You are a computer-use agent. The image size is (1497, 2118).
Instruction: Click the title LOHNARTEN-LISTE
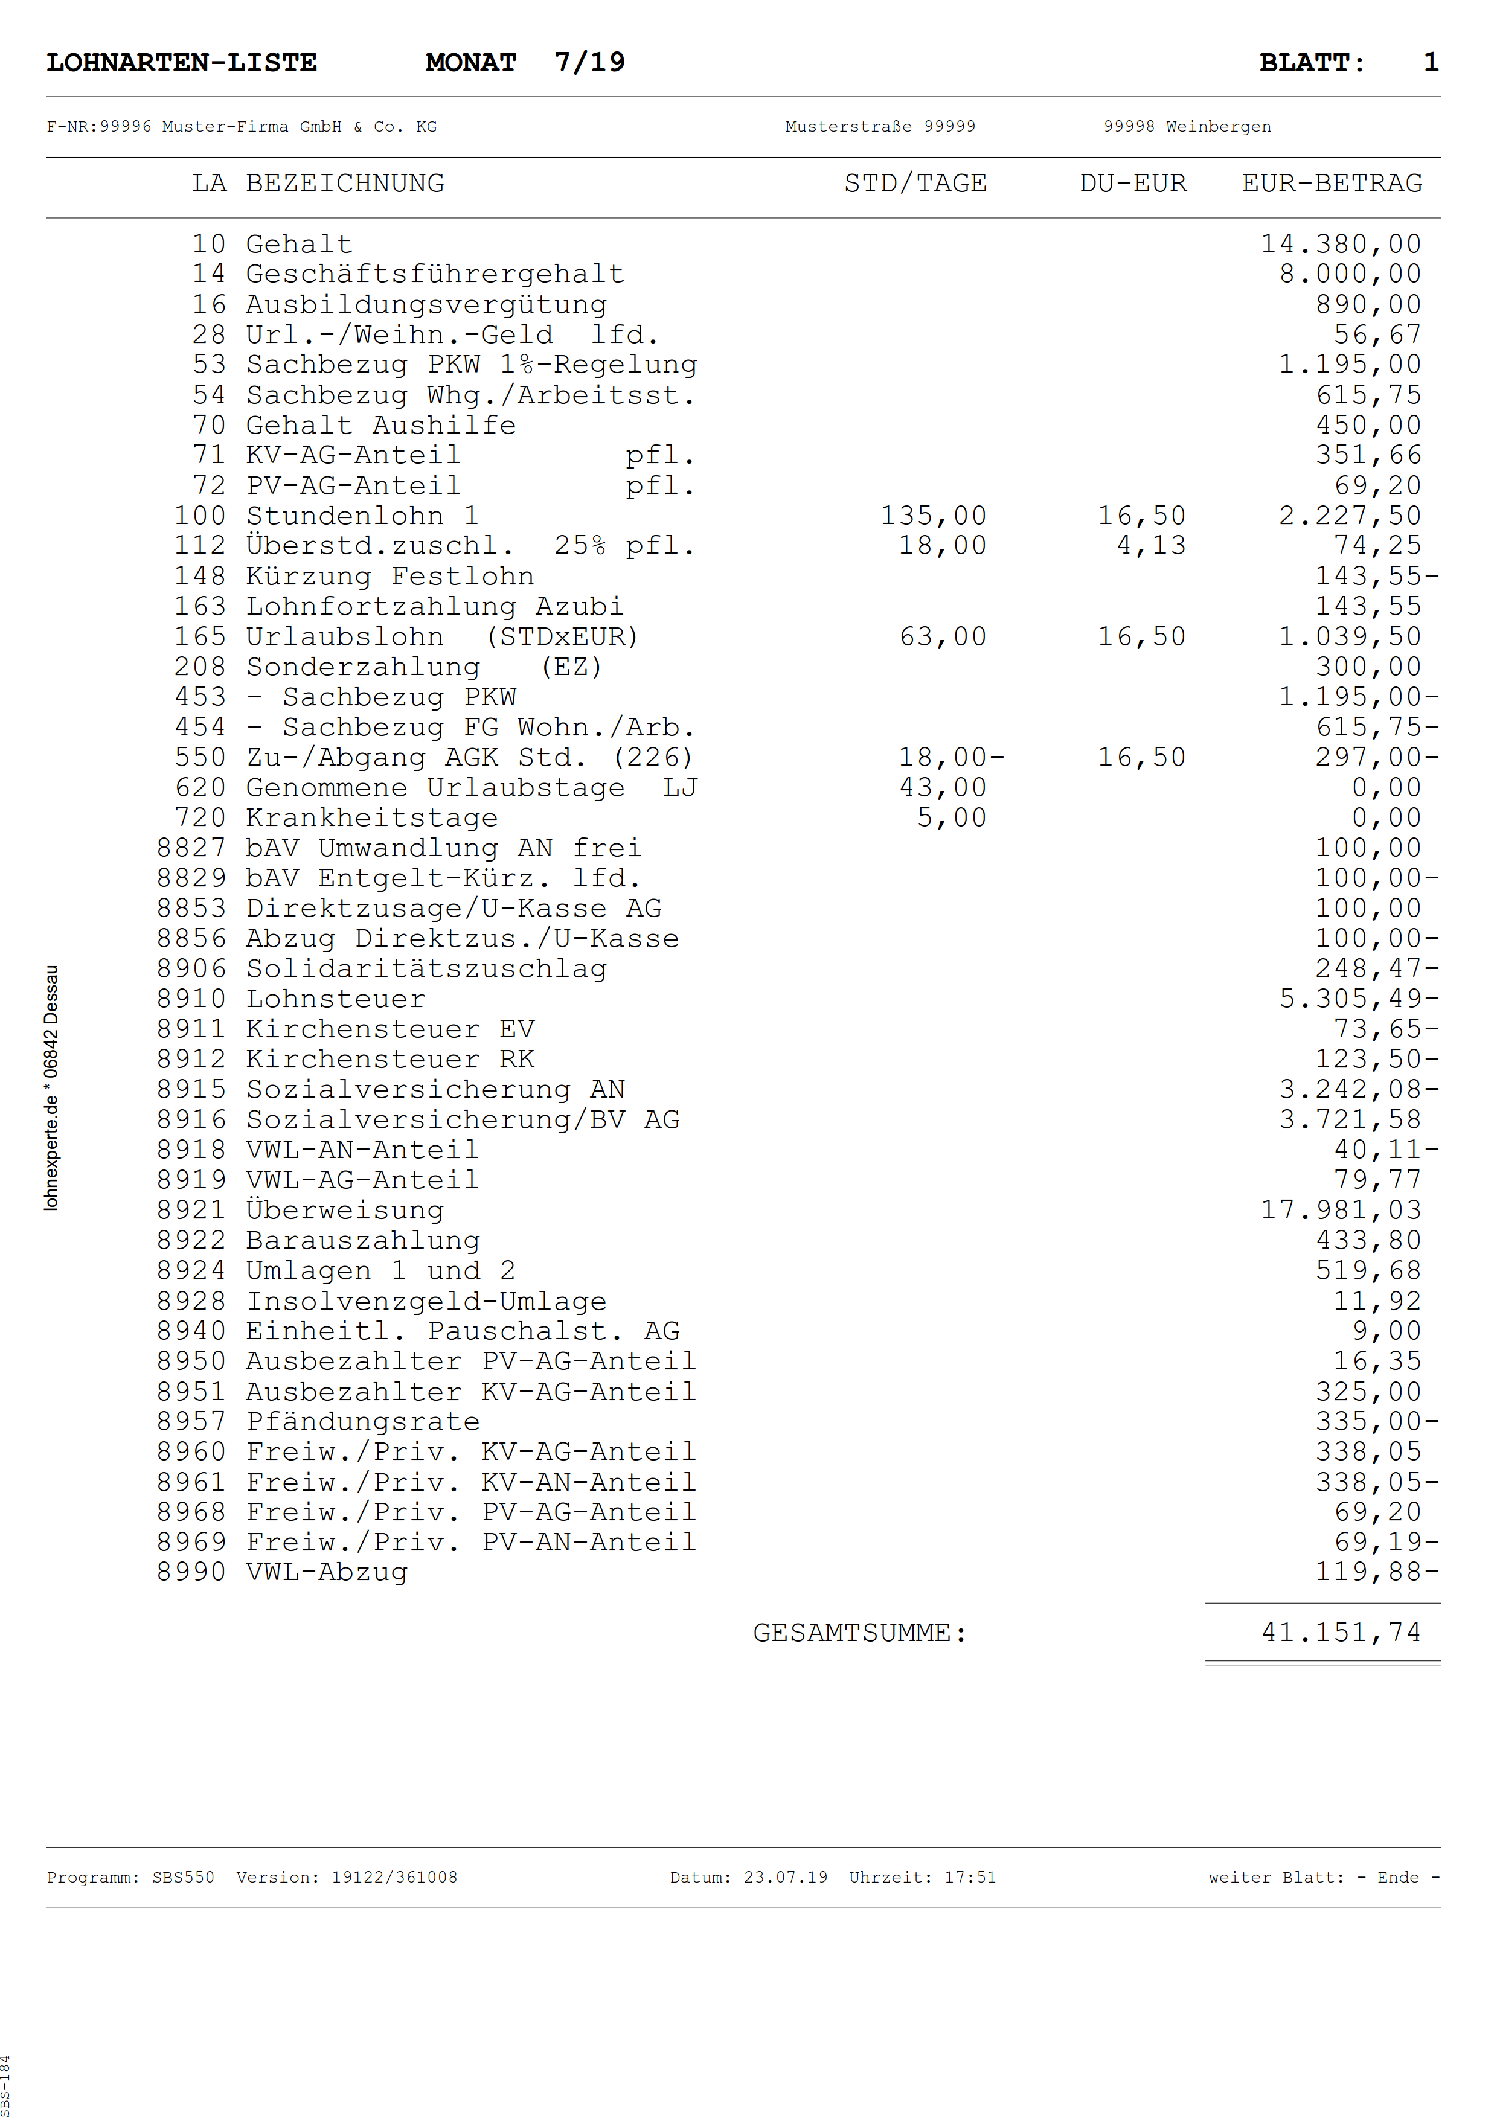point(182,63)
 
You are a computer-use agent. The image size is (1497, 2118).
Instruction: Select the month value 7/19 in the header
point(589,63)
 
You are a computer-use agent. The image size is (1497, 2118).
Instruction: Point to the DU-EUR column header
point(1133,184)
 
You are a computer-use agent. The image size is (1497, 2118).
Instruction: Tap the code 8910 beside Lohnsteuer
point(191,999)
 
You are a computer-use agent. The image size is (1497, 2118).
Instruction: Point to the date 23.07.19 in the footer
point(786,1877)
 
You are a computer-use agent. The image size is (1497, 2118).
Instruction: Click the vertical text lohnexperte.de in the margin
point(52,1153)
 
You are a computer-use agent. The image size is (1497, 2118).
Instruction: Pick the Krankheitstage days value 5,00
point(951,818)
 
